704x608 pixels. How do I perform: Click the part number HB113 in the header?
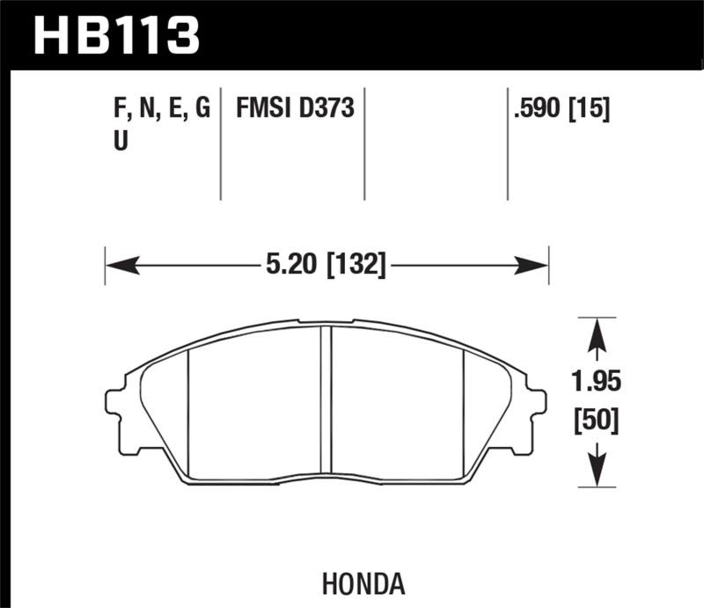117,35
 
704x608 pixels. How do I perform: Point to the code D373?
326,108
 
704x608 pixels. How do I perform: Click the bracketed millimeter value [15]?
590,108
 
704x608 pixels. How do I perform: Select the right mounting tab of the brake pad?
536,411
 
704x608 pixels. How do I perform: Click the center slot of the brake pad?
326,401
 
